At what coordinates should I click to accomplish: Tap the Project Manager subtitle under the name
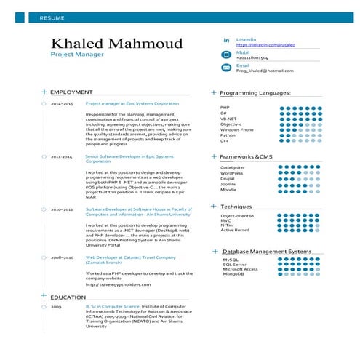tap(77, 55)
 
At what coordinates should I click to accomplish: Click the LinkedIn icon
tap(225, 40)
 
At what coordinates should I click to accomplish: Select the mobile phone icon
tap(225, 55)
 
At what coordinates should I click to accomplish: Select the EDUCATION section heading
tap(68, 297)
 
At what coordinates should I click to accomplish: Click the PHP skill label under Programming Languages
tap(225, 108)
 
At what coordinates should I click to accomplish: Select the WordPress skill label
tap(232, 173)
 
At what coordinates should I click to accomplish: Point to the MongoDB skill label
tap(233, 274)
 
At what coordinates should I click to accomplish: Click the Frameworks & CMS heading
tap(246, 157)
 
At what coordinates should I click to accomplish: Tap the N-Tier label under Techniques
tap(228, 225)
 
